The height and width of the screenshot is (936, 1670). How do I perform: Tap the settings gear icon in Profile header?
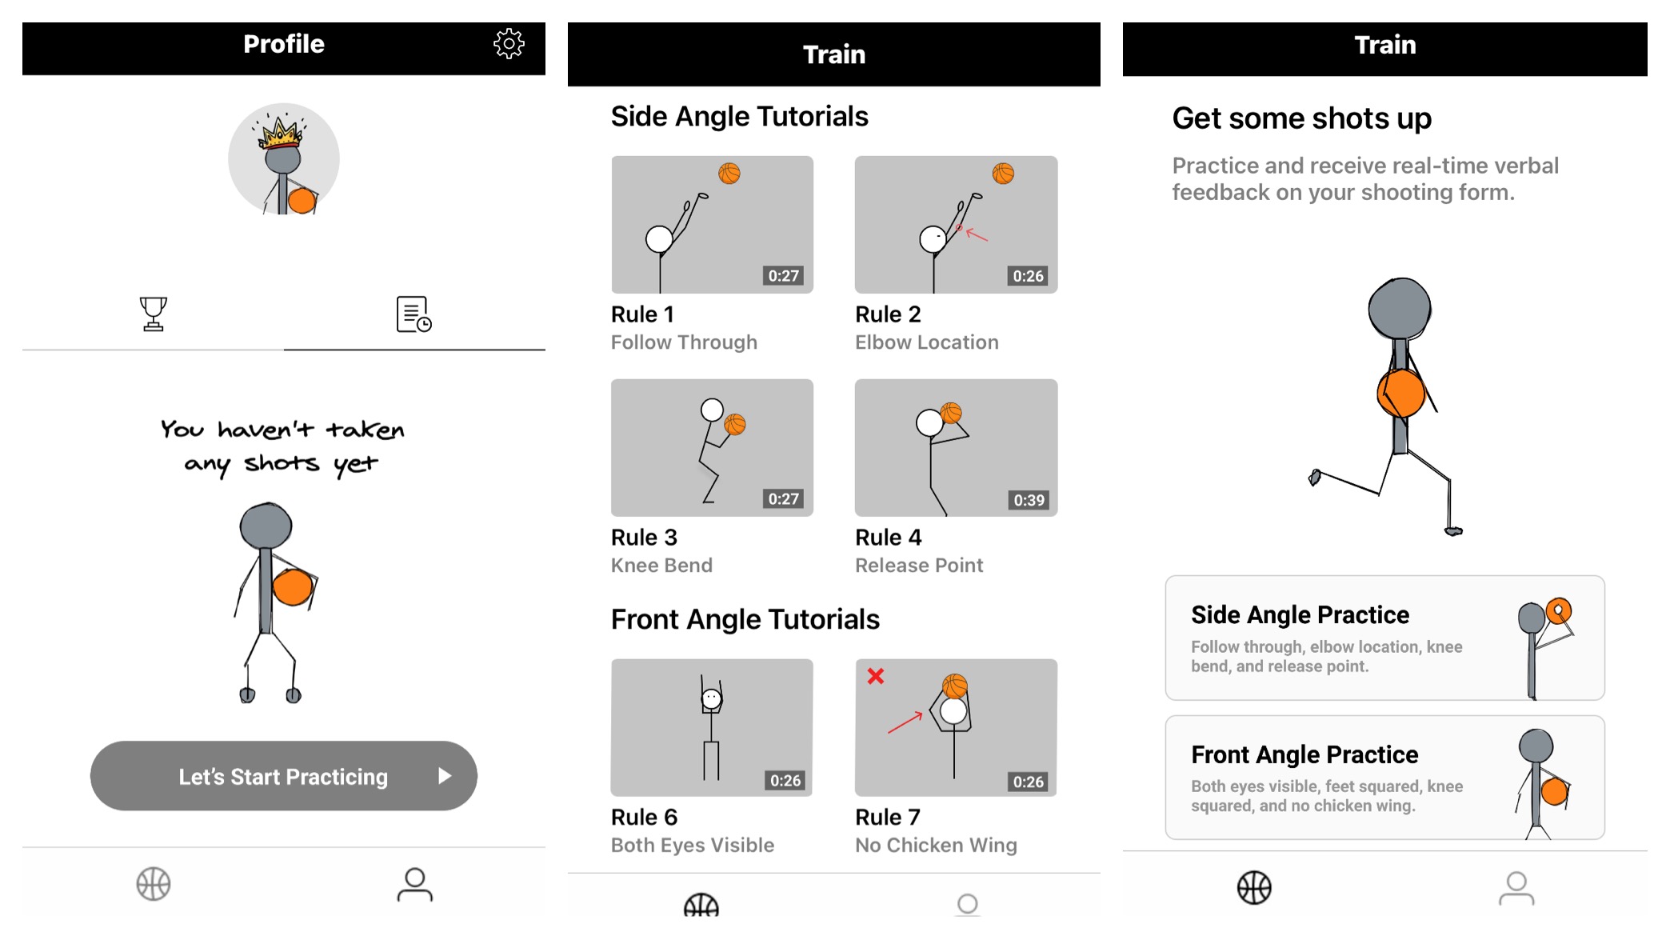509,44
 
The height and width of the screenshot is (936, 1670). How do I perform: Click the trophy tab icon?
153,314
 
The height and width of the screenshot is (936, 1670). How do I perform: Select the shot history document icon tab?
414,314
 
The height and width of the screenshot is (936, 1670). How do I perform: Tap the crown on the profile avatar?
281,133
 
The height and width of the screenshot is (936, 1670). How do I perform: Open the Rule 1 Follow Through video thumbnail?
712,225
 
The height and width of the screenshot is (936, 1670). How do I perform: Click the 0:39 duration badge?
1029,500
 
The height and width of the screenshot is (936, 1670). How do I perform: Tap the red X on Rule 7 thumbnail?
876,676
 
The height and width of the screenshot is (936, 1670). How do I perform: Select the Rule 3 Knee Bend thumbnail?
712,448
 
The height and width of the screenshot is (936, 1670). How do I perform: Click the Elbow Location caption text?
926,342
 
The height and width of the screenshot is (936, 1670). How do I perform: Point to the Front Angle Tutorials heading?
745,619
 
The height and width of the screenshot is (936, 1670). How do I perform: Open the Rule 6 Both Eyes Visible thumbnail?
712,727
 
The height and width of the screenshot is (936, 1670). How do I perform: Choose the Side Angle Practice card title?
1300,614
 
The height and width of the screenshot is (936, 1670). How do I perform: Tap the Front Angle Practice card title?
1304,754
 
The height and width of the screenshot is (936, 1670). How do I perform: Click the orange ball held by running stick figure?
1401,393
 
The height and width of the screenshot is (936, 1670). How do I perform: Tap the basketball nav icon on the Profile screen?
153,884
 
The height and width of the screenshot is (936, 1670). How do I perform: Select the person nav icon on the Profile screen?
414,885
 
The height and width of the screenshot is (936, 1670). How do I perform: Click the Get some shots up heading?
1301,118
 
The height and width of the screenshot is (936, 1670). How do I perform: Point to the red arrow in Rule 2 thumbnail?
977,234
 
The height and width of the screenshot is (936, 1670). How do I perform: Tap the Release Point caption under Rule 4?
919,566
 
